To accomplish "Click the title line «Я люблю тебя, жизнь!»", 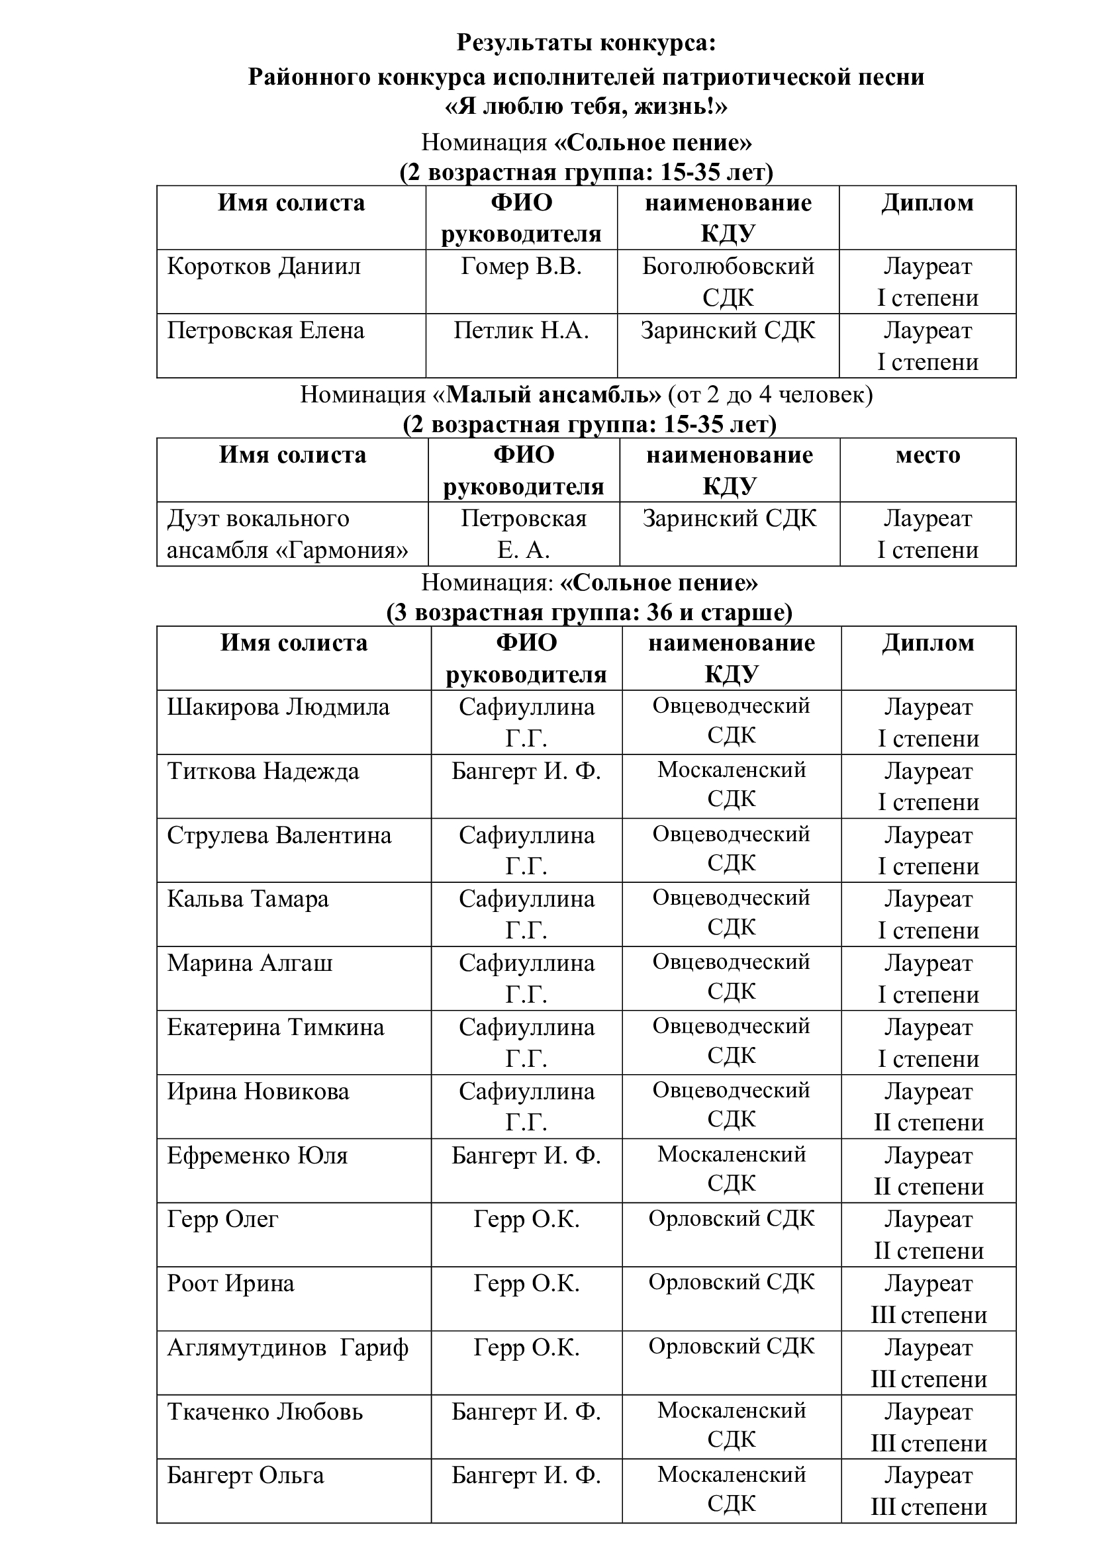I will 586,107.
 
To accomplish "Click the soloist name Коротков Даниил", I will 263,266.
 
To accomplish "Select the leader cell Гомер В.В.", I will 520,266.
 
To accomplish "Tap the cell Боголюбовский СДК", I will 728,282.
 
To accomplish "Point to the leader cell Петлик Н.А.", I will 520,330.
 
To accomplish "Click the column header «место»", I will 927,455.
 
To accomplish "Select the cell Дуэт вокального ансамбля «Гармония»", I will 287,534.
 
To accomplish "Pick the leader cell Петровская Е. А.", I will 523,534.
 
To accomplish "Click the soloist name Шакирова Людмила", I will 278,707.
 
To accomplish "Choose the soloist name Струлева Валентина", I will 279,835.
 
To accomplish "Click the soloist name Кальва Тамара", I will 248,899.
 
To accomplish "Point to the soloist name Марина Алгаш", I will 250,964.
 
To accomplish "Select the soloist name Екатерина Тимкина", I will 275,1028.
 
